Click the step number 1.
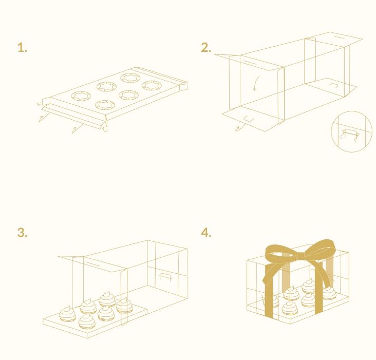coord(22,48)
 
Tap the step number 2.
coord(206,48)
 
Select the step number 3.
coord(22,233)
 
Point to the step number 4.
coord(206,233)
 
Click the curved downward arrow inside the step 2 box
coord(256,83)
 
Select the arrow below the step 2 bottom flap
coord(240,127)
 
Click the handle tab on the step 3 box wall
coord(165,276)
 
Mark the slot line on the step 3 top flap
coord(93,264)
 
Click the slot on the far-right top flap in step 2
coord(339,37)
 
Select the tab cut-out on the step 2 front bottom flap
coord(249,119)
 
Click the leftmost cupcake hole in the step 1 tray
coord(81,96)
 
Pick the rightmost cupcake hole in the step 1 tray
coord(152,85)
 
